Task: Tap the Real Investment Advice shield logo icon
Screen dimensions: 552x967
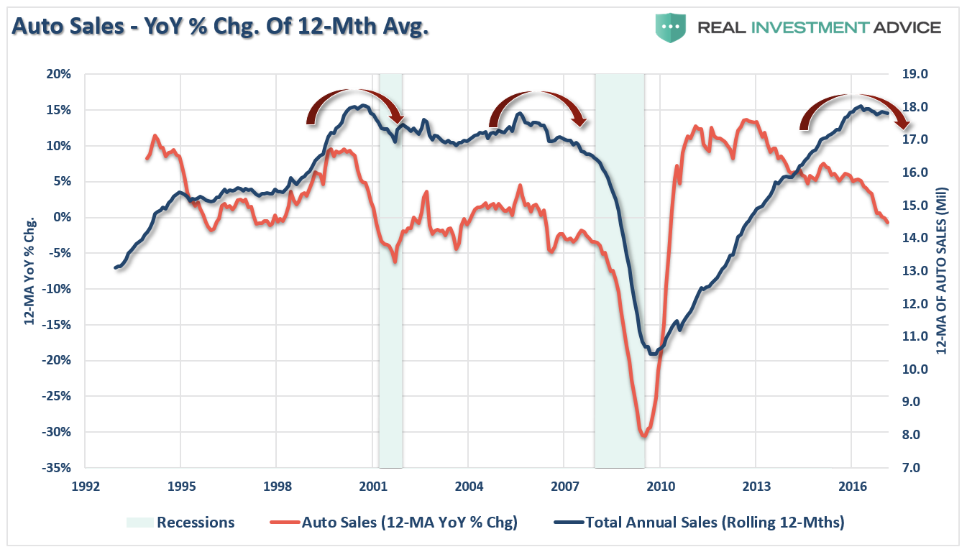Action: tap(669, 27)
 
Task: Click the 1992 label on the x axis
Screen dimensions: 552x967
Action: tap(85, 486)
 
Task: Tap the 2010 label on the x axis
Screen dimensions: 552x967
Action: tap(660, 486)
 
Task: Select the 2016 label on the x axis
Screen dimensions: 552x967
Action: tap(851, 486)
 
